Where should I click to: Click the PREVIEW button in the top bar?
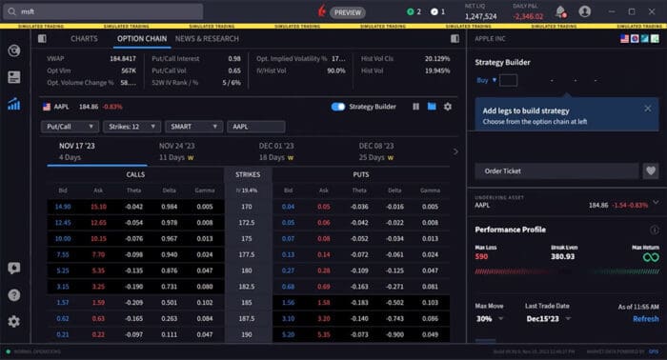pos(347,12)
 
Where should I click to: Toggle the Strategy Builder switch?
pos(338,107)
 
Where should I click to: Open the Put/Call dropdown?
pos(71,126)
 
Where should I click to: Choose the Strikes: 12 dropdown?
pos(131,126)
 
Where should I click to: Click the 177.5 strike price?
pos(247,255)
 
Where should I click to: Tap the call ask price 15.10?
pos(98,206)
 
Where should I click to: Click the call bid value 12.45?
pos(63,222)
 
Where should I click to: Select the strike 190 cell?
pos(247,335)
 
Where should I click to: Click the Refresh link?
pos(645,319)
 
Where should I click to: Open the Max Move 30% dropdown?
pos(491,319)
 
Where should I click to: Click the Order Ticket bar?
pos(556,170)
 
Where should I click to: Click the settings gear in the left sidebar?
pos(13,322)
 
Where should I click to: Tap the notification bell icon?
pos(560,11)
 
